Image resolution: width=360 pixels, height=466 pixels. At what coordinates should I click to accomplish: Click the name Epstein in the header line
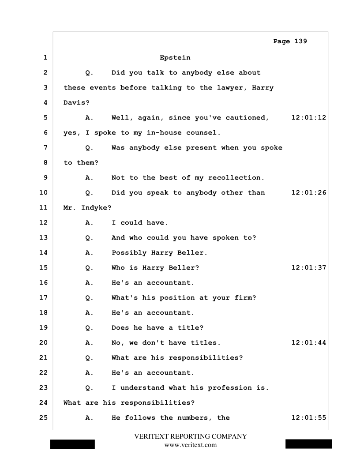point(175,57)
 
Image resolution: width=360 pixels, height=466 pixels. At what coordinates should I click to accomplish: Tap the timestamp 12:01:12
point(309,117)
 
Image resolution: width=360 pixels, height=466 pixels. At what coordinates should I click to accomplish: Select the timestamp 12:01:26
point(309,192)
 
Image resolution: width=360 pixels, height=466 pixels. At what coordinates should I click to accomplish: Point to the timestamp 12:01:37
point(309,267)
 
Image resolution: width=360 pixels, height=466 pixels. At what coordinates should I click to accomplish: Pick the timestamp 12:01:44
point(309,342)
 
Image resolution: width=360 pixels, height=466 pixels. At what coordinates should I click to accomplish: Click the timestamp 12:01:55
point(309,417)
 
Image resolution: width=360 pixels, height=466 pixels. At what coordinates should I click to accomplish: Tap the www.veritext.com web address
point(190,445)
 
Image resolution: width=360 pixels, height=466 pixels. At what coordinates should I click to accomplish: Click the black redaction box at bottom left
point(72,444)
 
